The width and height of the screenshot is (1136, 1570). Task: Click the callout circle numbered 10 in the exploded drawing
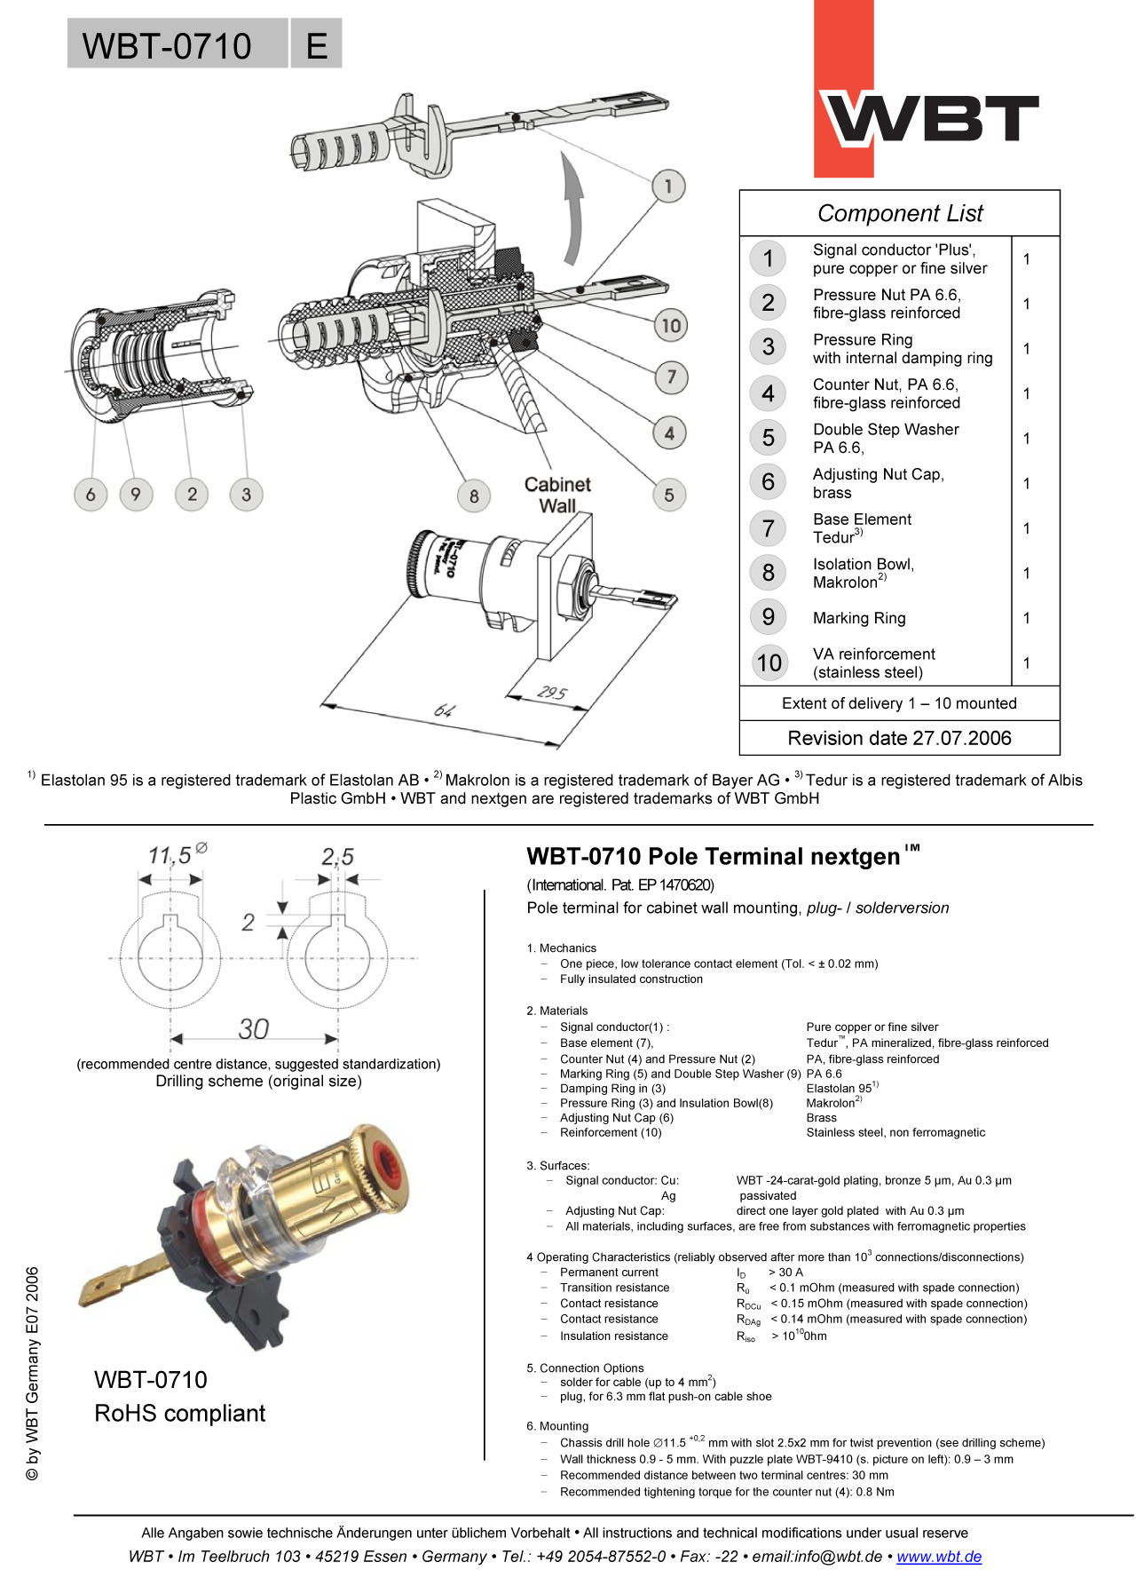click(671, 325)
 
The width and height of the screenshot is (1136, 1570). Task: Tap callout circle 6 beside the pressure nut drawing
click(91, 494)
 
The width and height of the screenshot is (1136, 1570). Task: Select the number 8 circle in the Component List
click(769, 573)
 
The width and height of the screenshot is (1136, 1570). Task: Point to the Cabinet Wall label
click(557, 495)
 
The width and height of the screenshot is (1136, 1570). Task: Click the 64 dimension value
click(443, 710)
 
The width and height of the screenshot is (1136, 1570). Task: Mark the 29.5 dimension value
click(551, 693)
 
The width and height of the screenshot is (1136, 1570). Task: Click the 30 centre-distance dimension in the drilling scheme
click(253, 1028)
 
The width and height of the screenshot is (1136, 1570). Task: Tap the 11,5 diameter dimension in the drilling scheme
click(170, 855)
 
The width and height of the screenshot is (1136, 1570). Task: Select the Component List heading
click(899, 213)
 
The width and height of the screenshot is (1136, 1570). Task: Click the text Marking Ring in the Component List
click(859, 618)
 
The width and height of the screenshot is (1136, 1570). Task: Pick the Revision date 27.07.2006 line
click(899, 738)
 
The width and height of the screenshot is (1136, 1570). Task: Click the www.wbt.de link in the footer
click(939, 1556)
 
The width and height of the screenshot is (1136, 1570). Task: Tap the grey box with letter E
click(316, 44)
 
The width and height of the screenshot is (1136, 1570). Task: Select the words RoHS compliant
click(179, 1413)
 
